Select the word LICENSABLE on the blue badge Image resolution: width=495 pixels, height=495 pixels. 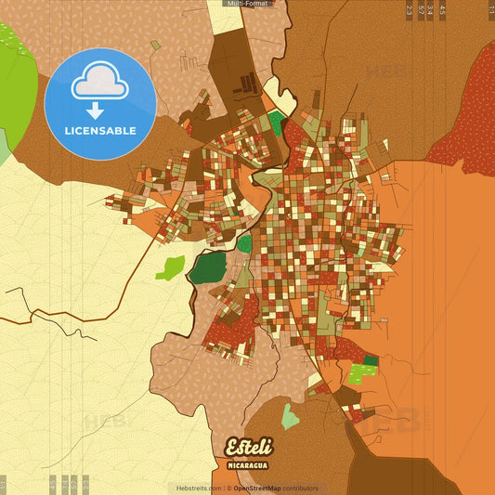coord(99,130)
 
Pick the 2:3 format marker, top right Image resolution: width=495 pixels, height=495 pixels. coord(410,10)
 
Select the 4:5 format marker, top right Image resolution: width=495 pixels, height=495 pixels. coord(443,10)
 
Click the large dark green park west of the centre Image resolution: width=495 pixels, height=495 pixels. coord(208,267)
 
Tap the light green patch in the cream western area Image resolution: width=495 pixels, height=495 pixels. coord(170,268)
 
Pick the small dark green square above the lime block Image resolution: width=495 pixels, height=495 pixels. coord(371,360)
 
